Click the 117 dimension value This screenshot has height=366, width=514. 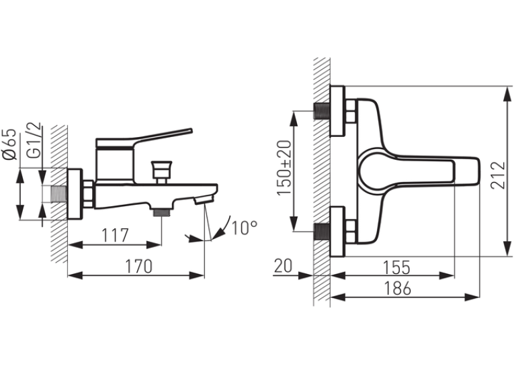click(x=115, y=235)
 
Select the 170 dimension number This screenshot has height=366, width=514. click(x=138, y=266)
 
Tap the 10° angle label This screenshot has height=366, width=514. click(x=244, y=228)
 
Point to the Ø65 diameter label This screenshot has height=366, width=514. click(x=10, y=144)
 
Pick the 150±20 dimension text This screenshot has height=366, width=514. click(x=284, y=168)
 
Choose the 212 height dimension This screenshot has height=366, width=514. click(x=499, y=175)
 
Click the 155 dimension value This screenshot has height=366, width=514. click(x=396, y=267)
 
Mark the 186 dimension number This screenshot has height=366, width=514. click(x=397, y=288)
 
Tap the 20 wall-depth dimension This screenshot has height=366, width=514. click(x=283, y=266)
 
